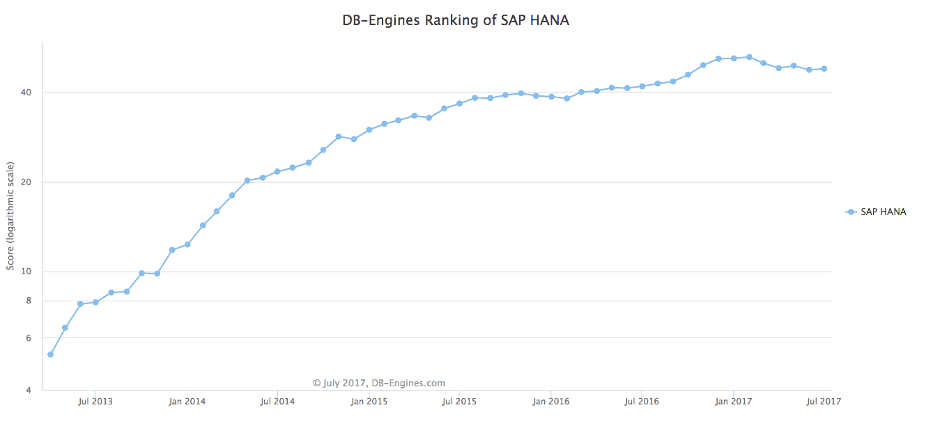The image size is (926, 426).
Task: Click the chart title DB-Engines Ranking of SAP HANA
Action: (456, 20)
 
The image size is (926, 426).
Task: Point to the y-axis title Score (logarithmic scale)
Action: (10, 216)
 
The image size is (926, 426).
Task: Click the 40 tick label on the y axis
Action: (27, 93)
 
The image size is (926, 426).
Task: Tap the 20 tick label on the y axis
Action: (27, 182)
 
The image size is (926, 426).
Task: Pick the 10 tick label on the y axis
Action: (27, 271)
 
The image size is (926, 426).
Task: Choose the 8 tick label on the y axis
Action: (29, 301)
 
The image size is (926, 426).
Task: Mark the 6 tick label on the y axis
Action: (29, 338)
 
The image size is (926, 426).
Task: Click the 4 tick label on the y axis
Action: (29, 390)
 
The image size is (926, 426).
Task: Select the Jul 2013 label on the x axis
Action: (95, 402)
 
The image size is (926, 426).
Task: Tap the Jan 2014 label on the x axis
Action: (187, 402)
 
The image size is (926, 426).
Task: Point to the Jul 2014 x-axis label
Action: (277, 402)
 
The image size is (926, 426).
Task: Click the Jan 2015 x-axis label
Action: (369, 402)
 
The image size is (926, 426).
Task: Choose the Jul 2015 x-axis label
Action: (459, 402)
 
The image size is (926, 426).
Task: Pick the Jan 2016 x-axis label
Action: (551, 402)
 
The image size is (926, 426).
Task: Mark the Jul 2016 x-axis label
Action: (642, 402)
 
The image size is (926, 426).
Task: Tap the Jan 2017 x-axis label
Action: (733, 402)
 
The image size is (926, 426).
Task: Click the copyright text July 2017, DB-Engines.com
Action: (379, 383)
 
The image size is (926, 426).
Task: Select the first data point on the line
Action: (50, 354)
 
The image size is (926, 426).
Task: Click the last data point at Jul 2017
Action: (824, 68)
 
